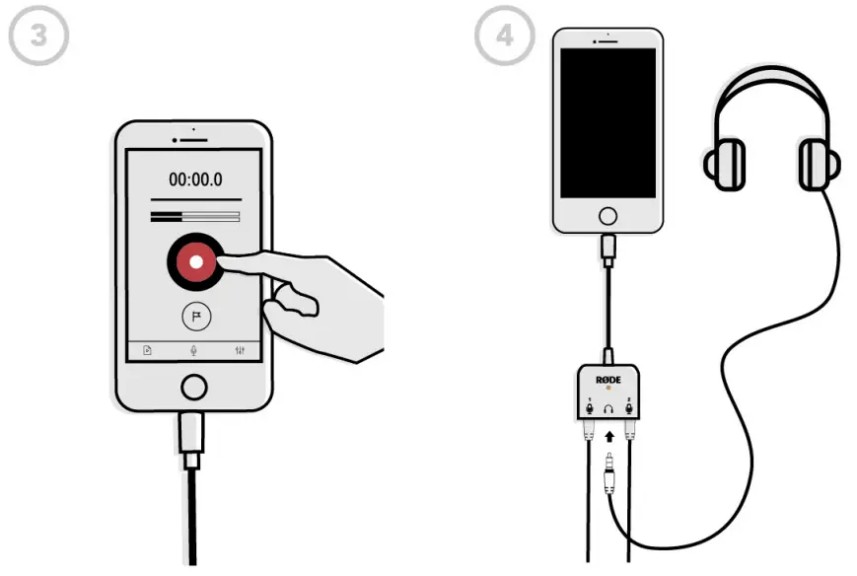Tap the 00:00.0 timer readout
coord(195,180)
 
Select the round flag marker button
coord(196,317)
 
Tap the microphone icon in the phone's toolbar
coord(194,350)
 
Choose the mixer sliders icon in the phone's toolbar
coord(241,350)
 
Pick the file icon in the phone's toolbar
coord(148,350)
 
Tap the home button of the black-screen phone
coord(608,215)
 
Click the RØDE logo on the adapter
coord(608,380)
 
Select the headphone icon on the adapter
coord(609,407)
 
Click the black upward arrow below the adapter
coord(609,435)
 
